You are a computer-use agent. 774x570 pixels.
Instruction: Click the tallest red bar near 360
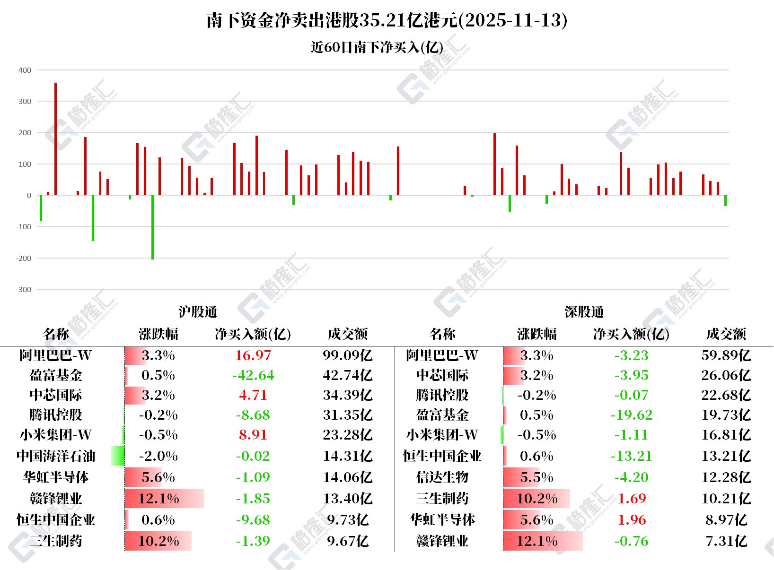[56, 139]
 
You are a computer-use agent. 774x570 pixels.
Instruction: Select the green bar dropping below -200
[152, 227]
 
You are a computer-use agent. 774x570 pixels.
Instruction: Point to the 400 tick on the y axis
[25, 70]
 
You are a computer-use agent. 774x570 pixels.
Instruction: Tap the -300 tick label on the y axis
[24, 290]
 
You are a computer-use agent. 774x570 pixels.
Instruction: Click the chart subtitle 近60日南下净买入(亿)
[377, 47]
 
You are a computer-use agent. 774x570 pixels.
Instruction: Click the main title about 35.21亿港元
[387, 20]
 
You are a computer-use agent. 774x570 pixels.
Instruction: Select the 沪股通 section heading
[198, 312]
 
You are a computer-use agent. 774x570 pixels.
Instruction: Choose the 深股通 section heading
[584, 312]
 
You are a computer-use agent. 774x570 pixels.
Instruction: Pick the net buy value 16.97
[253, 355]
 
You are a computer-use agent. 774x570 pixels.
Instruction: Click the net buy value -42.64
[253, 375]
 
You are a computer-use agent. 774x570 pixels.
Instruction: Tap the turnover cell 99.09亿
[348, 355]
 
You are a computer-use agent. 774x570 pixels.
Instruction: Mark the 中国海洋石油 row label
[56, 456]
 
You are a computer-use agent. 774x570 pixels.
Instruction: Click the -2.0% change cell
[158, 456]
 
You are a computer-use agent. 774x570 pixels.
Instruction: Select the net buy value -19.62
[632, 415]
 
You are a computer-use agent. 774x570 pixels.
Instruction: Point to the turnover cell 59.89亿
[726, 355]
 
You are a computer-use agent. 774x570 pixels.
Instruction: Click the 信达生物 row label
[442, 477]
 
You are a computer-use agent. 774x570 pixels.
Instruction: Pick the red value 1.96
[632, 520]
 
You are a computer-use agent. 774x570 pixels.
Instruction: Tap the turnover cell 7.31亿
[726, 541]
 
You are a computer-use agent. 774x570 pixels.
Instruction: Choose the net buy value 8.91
[253, 435]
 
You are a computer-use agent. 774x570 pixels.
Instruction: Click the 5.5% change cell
[537, 477]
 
